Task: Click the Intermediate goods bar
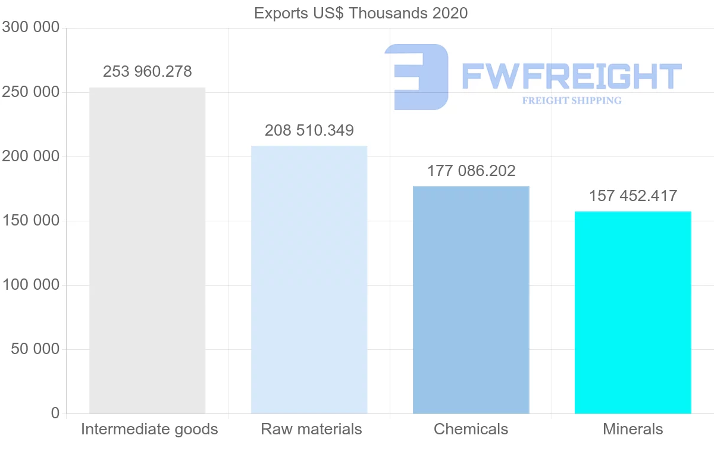coord(147,251)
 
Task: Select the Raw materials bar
coord(309,280)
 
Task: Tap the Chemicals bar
coord(471,300)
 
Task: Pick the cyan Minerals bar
coord(632,312)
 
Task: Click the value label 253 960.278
coord(148,72)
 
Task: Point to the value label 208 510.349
coord(309,130)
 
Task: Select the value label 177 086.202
coord(471,171)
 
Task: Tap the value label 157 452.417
coord(633,196)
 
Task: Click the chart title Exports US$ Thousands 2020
coord(361,13)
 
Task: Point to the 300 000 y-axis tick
coord(31,28)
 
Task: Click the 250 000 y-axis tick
coord(31,92)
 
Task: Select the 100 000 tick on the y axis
coord(31,285)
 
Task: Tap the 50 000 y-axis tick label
coord(35,349)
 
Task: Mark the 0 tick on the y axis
coord(55,413)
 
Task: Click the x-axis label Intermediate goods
coord(149,429)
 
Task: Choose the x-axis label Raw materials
coord(311,429)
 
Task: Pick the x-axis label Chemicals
coord(471,429)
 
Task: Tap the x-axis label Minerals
coord(632,429)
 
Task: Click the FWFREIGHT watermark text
coord(571,77)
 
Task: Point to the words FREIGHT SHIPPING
coord(572,101)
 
